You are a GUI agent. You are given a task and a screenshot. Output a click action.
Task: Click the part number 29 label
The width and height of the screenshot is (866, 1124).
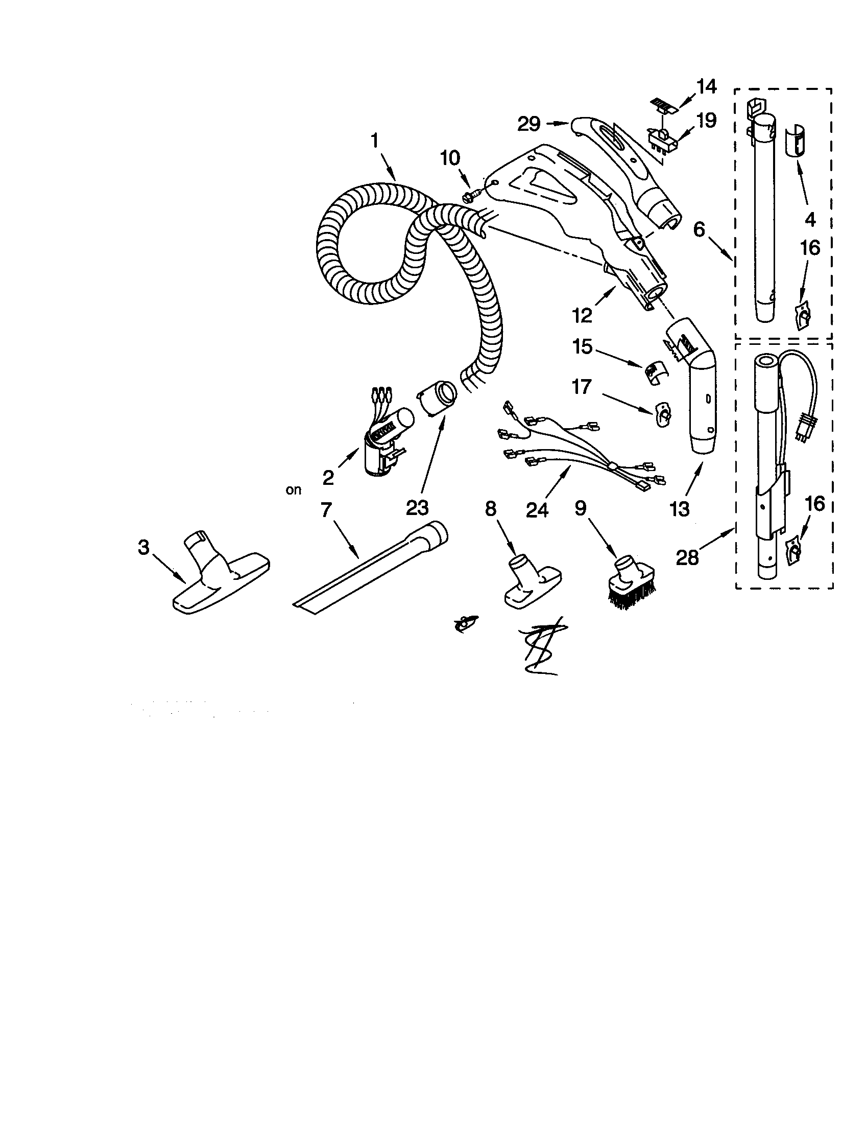[x=529, y=124]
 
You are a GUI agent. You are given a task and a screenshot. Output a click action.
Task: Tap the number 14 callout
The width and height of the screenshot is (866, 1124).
[x=707, y=87]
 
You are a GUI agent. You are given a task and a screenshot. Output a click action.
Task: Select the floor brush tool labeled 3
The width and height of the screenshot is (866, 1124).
[x=221, y=578]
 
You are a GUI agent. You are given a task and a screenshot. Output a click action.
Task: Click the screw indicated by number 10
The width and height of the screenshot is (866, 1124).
[x=472, y=195]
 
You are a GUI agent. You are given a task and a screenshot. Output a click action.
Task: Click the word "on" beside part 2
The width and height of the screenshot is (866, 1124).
[x=294, y=490]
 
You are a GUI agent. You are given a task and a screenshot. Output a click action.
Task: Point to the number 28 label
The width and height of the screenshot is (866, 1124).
[x=688, y=557]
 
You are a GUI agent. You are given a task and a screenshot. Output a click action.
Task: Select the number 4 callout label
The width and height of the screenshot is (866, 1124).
[x=810, y=220]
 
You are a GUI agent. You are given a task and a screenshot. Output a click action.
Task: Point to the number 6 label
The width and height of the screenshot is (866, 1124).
[x=699, y=229]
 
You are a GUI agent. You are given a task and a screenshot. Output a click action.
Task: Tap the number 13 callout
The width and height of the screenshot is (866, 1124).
[x=679, y=509]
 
